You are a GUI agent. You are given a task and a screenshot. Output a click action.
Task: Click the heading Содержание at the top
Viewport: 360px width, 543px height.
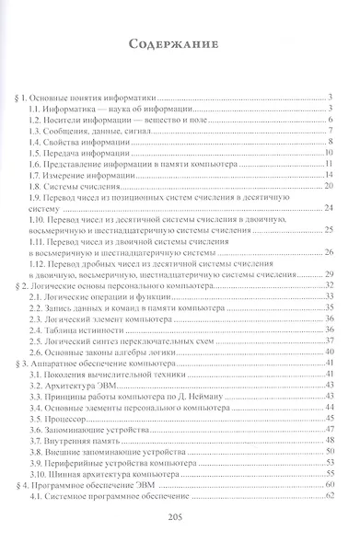click(x=179, y=42)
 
